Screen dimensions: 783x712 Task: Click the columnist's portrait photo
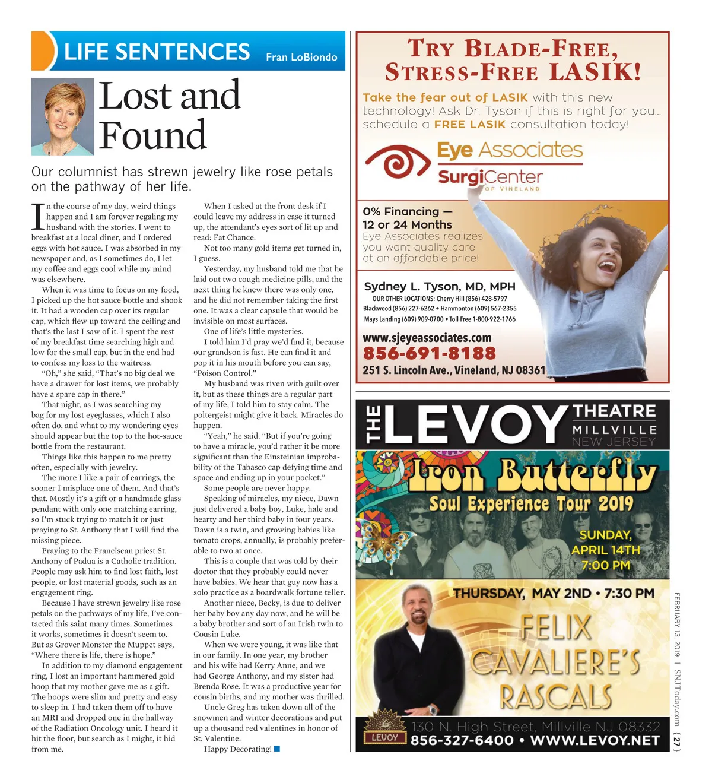click(x=62, y=117)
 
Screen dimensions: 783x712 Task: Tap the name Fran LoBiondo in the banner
click(x=301, y=57)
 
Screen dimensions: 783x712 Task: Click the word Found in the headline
click(x=152, y=135)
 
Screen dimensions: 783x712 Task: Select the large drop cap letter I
click(x=37, y=217)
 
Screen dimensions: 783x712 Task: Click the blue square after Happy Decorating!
click(x=277, y=749)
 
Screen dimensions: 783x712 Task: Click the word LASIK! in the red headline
click(x=595, y=72)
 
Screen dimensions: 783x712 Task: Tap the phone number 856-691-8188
click(x=429, y=353)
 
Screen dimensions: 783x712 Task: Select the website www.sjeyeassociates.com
click(x=427, y=338)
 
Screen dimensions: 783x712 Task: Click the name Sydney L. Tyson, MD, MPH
click(x=440, y=286)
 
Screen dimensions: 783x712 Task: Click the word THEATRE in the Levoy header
click(x=614, y=411)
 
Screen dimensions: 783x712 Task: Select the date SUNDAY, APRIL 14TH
click(x=605, y=542)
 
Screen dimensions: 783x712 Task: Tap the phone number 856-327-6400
click(x=462, y=740)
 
